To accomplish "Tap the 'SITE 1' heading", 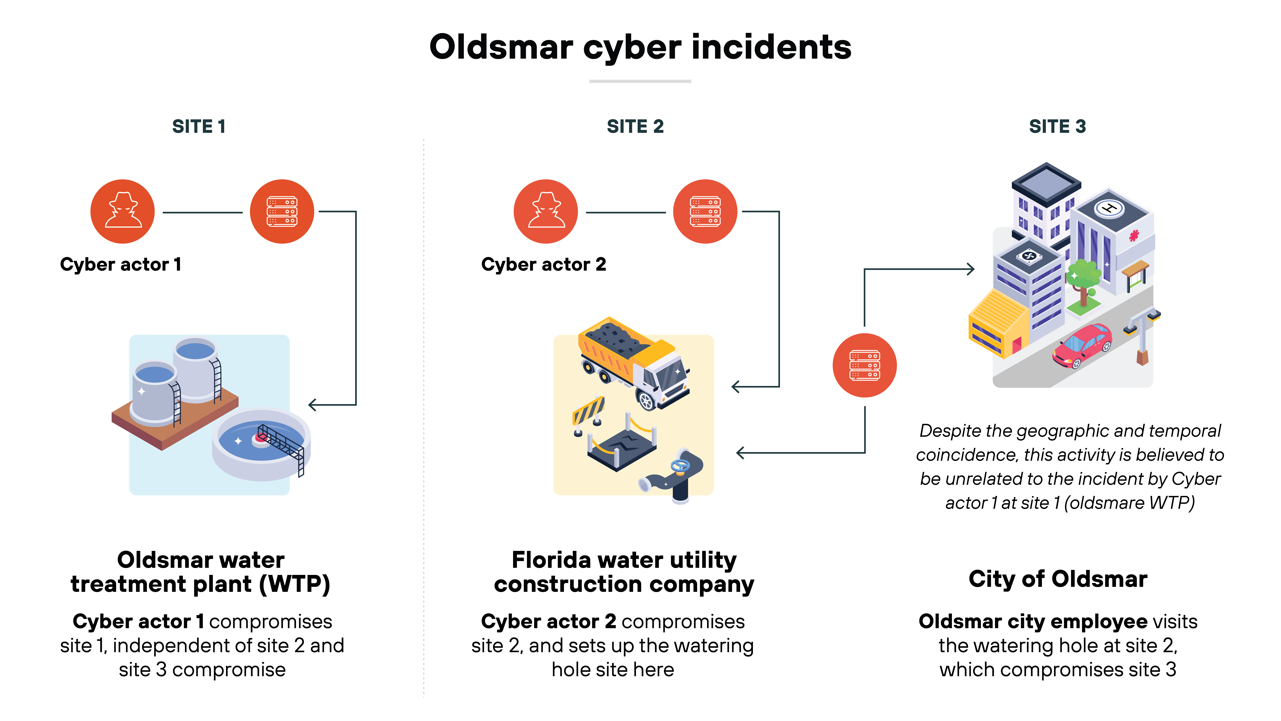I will [x=199, y=126].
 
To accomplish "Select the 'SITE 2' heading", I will [x=635, y=126].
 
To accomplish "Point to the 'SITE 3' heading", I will [x=1057, y=126].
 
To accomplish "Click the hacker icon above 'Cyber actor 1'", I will [x=122, y=211].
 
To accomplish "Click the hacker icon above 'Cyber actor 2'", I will [x=546, y=211].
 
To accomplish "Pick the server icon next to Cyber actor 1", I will [x=282, y=211].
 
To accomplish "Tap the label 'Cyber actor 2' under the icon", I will [x=543, y=264].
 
